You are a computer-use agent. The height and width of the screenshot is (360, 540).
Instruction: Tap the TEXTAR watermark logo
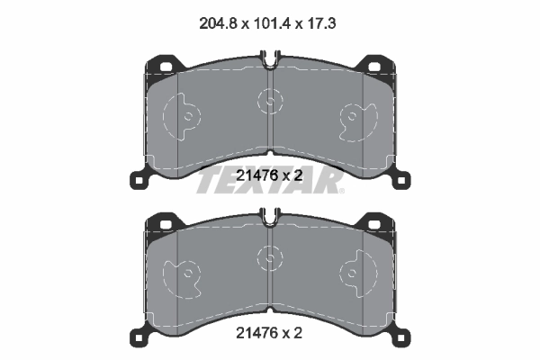[271, 181]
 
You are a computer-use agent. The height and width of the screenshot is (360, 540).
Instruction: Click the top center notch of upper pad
[271, 63]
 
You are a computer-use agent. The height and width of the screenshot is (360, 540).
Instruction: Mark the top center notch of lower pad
[271, 215]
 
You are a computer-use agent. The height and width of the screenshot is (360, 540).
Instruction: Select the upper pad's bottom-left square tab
[139, 179]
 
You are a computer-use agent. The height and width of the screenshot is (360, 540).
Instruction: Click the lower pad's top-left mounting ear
[162, 221]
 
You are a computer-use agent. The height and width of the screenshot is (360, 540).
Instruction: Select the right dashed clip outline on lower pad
[357, 273]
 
